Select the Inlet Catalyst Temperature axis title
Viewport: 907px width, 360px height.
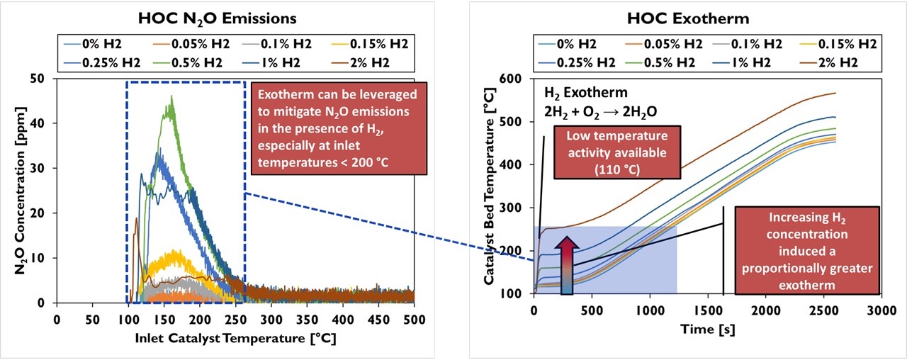coord(235,338)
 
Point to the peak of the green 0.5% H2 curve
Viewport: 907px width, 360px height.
coord(171,97)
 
